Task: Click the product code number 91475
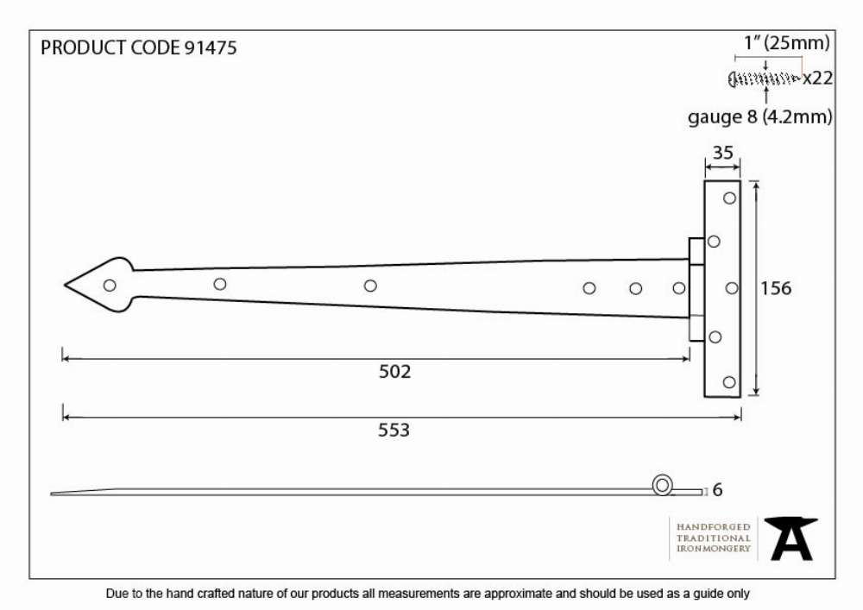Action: click(211, 47)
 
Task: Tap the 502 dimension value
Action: click(394, 372)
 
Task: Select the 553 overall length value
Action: click(394, 431)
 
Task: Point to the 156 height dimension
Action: click(776, 288)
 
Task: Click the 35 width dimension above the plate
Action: click(722, 153)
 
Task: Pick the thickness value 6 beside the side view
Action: click(717, 489)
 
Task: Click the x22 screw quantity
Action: click(818, 79)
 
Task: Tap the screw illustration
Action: click(764, 79)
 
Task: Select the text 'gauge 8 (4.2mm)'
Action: click(760, 116)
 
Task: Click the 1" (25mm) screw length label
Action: click(786, 43)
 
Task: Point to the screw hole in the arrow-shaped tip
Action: click(110, 286)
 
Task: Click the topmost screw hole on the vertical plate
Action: click(729, 198)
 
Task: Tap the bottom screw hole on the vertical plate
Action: click(729, 382)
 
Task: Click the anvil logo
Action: click(791, 538)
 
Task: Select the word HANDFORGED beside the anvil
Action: click(714, 527)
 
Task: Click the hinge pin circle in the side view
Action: click(662, 486)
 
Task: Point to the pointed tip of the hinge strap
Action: click(65, 285)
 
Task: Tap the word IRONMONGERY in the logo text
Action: click(714, 549)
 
